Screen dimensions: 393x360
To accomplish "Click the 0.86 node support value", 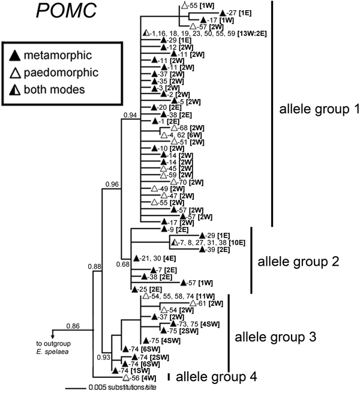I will click(73, 326).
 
